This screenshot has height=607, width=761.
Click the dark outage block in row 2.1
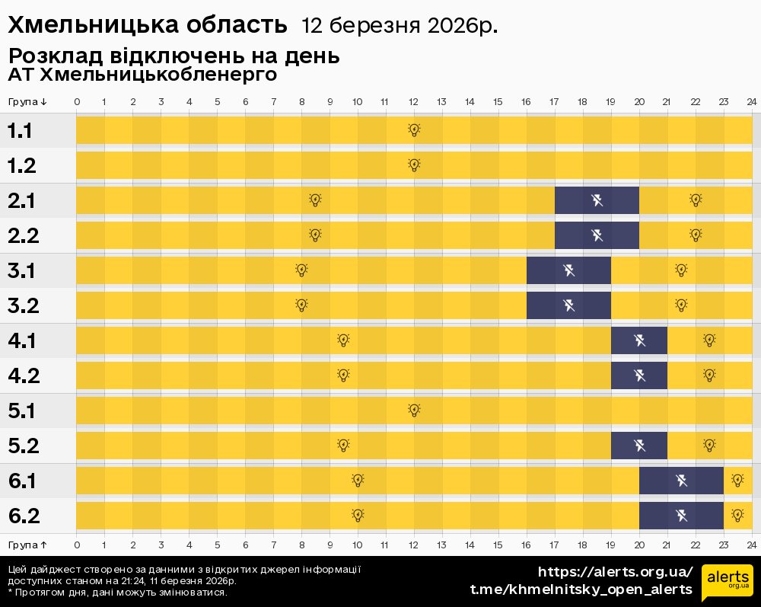tap(597, 200)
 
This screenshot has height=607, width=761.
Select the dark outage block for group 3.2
tap(568, 305)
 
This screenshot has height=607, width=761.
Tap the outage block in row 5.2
tap(639, 446)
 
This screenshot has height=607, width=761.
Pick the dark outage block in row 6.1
tap(681, 481)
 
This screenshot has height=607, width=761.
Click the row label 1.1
tap(20, 130)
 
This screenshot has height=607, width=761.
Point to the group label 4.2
tap(23, 375)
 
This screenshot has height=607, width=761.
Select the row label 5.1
tap(22, 411)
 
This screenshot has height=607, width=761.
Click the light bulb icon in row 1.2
tap(414, 165)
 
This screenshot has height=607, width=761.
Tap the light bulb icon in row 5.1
tap(414, 410)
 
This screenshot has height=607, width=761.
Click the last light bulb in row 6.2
tap(737, 515)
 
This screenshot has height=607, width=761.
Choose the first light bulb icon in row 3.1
tap(301, 270)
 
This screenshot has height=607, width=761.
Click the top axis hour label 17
tap(554, 102)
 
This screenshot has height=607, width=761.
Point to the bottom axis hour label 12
tap(413, 545)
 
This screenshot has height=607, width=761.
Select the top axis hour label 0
tap(77, 102)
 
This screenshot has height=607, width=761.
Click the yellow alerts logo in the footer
tap(727, 583)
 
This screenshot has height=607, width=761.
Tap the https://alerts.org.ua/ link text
tap(615, 572)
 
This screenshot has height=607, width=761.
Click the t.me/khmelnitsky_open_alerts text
tap(581, 589)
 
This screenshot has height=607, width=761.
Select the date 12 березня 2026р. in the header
tap(400, 26)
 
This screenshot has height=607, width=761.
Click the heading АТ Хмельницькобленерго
tap(142, 75)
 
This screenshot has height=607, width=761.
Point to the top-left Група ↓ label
tap(28, 102)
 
